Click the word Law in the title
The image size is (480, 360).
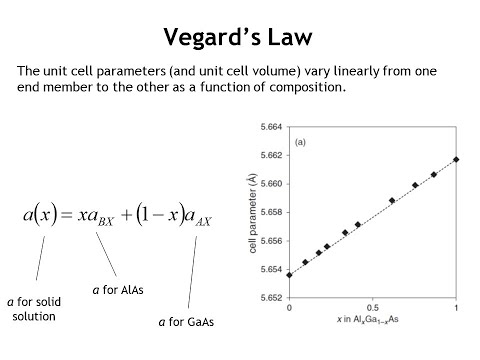(x=286, y=39)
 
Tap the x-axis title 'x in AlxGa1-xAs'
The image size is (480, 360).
(x=372, y=320)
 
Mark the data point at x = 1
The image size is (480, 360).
(x=456, y=159)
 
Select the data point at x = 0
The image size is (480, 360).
(x=289, y=274)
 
